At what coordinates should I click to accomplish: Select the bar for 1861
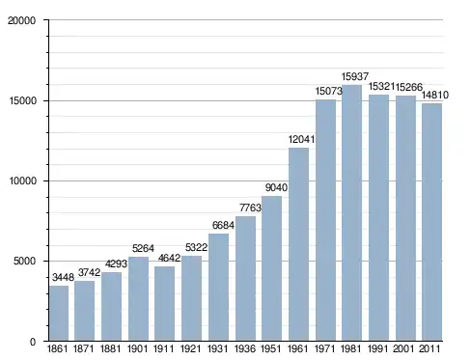click(x=59, y=313)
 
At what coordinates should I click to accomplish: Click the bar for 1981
click(x=351, y=212)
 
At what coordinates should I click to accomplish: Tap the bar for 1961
click(x=298, y=244)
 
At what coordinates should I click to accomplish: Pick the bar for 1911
click(x=164, y=303)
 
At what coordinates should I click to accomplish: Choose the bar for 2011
click(x=432, y=222)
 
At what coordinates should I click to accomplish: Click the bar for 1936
click(x=245, y=278)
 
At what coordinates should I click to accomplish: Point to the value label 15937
click(x=354, y=76)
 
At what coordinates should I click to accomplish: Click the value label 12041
click(x=301, y=139)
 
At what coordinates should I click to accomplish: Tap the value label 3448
click(x=63, y=277)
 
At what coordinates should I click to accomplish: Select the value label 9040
click(x=276, y=187)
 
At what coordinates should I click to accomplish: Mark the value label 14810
click(x=435, y=95)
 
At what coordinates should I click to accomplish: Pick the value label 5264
click(x=143, y=248)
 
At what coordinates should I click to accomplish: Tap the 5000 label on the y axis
click(x=25, y=261)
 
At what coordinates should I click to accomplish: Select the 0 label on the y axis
click(x=33, y=342)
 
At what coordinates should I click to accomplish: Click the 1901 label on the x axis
click(x=137, y=349)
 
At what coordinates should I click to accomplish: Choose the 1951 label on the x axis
click(x=270, y=349)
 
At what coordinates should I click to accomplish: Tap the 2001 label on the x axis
click(x=403, y=349)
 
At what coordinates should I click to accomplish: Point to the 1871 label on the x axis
click(x=83, y=349)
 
